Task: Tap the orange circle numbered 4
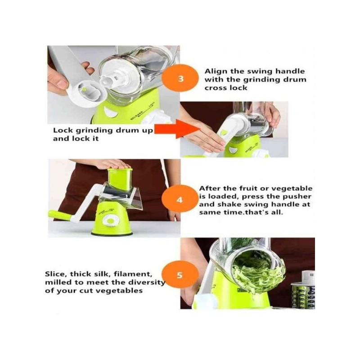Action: [x=180, y=199]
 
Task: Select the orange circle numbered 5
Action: [x=180, y=274]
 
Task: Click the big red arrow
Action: [x=177, y=130]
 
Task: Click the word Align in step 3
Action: [x=216, y=72]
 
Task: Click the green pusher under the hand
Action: [x=120, y=179]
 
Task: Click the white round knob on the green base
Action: [x=111, y=220]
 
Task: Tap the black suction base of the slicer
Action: [x=112, y=234]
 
